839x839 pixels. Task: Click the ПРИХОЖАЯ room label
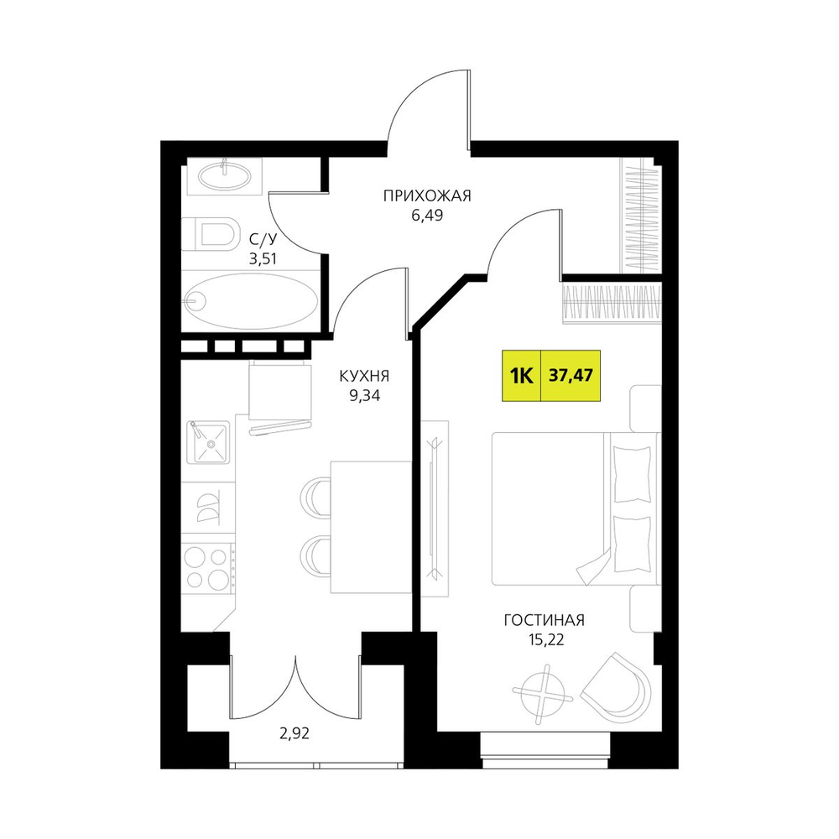[427, 196]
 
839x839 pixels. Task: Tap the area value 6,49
[427, 216]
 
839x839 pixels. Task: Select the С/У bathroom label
[263, 238]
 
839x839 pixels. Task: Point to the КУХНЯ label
[364, 377]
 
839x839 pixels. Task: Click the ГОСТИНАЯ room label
[545, 620]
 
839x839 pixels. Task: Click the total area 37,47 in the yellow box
[571, 375]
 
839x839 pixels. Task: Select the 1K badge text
[521, 376]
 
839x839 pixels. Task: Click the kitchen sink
[208, 442]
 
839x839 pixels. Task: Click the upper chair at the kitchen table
[315, 497]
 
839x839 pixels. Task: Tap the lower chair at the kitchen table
[315, 555]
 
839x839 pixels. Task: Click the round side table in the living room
[543, 694]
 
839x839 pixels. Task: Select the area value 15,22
[545, 640]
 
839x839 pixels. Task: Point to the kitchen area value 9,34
[364, 396]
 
